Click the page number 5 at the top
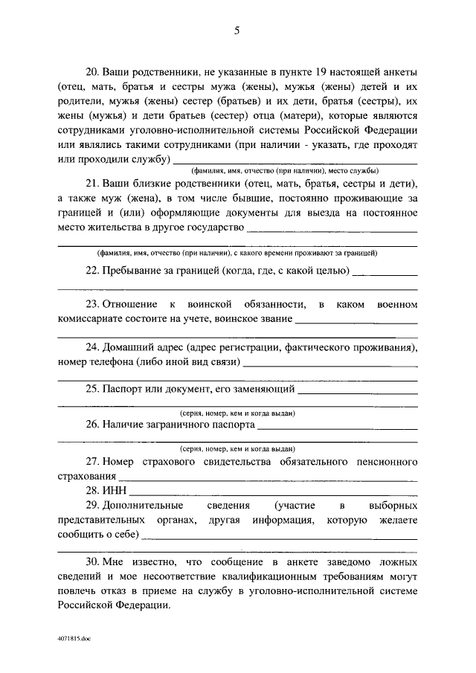(237, 30)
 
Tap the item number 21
(93, 184)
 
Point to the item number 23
(93, 305)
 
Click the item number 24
(93, 347)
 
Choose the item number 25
(93, 389)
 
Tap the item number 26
(93, 425)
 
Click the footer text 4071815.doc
(74, 639)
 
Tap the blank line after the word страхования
(268, 477)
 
